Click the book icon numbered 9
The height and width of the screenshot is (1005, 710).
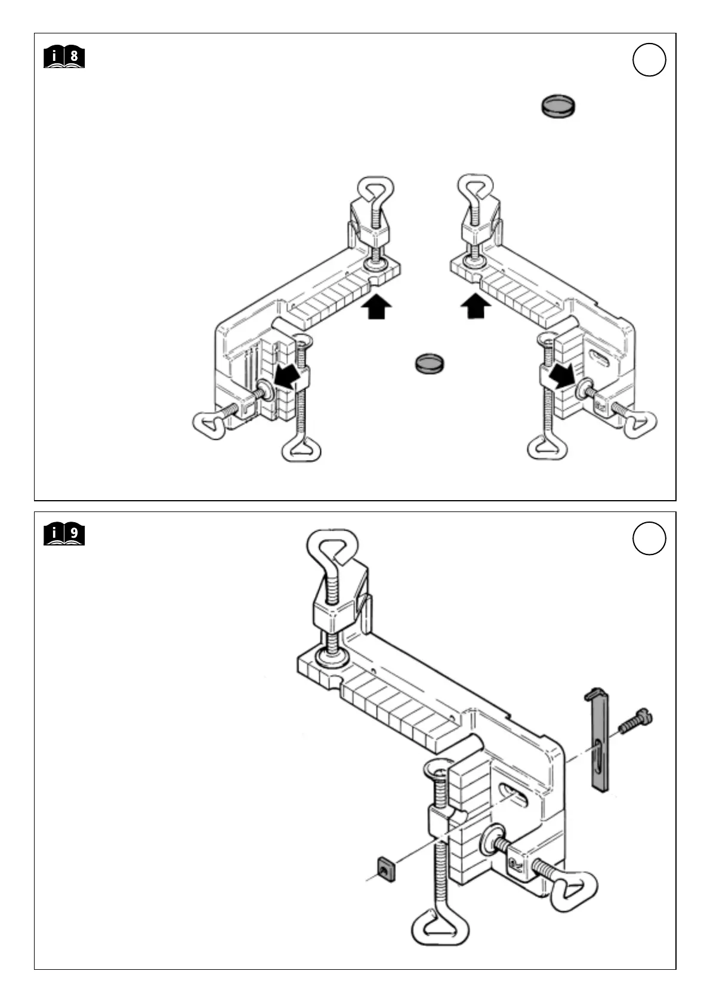64,535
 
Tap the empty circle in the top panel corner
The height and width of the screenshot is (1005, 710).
649,60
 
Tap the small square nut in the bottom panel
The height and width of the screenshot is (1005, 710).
386,869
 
